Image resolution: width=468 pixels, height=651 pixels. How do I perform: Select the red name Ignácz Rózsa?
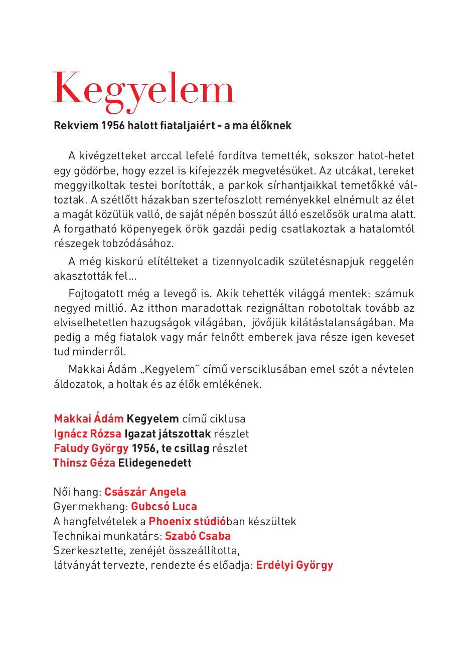pyautogui.click(x=88, y=433)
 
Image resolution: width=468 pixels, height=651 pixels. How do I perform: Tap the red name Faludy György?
pyautogui.click(x=91, y=448)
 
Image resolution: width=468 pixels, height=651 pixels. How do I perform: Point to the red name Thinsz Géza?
pyautogui.click(x=84, y=463)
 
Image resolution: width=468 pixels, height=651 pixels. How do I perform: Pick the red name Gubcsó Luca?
pyautogui.click(x=164, y=507)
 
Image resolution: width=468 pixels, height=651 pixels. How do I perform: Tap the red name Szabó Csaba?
pyautogui.click(x=198, y=536)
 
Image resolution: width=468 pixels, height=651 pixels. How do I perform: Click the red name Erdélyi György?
pyautogui.click(x=294, y=565)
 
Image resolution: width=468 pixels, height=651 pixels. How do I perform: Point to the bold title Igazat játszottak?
pyautogui.click(x=168, y=433)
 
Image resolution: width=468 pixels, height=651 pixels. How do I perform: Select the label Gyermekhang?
pyautogui.click(x=91, y=507)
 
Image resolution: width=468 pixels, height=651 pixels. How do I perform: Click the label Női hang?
pyautogui.click(x=78, y=492)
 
